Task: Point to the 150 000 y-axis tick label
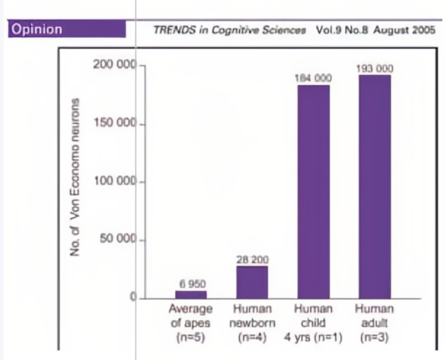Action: [x=114, y=124]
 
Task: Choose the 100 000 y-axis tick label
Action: [x=114, y=181]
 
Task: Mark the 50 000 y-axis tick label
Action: [x=117, y=239]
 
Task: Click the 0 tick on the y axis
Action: [x=132, y=296]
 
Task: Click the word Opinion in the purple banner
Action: [x=35, y=30]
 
